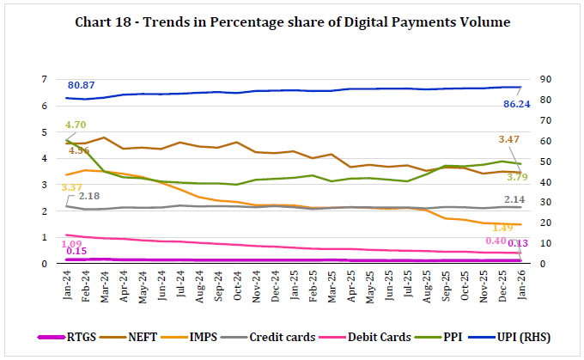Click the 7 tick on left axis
point(55,79)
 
